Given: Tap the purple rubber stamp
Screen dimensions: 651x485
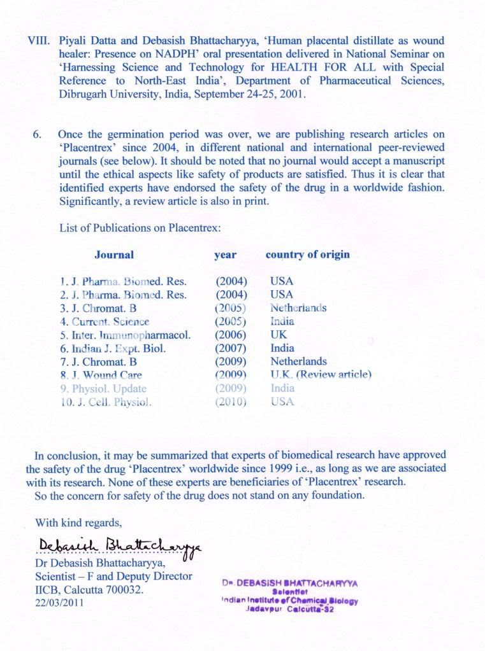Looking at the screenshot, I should (289, 595).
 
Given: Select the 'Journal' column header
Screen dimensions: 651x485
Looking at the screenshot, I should (114, 255).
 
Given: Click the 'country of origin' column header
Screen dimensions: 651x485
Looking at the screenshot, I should (307, 255).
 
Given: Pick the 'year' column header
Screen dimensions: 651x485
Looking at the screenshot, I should (225, 255).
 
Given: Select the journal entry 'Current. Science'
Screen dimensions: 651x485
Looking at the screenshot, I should (105, 321).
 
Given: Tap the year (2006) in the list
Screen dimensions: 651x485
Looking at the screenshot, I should (231, 335).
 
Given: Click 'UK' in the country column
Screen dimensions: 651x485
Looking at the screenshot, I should (279, 335).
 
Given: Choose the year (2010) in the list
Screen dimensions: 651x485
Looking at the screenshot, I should (231, 402).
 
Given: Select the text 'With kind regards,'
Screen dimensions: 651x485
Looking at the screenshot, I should (78, 522).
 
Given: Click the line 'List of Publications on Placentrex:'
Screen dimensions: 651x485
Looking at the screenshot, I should (140, 227).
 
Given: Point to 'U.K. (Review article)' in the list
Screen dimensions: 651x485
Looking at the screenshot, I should (321, 375).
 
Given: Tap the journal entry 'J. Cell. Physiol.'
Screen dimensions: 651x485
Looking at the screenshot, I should (106, 402).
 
